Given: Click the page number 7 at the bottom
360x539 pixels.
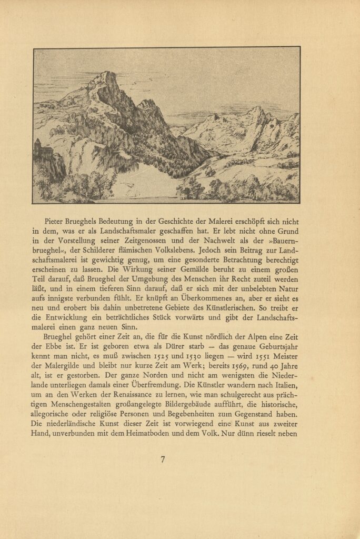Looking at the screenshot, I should point(163,459).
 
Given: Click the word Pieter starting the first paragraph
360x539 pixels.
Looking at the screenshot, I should point(58,223).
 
